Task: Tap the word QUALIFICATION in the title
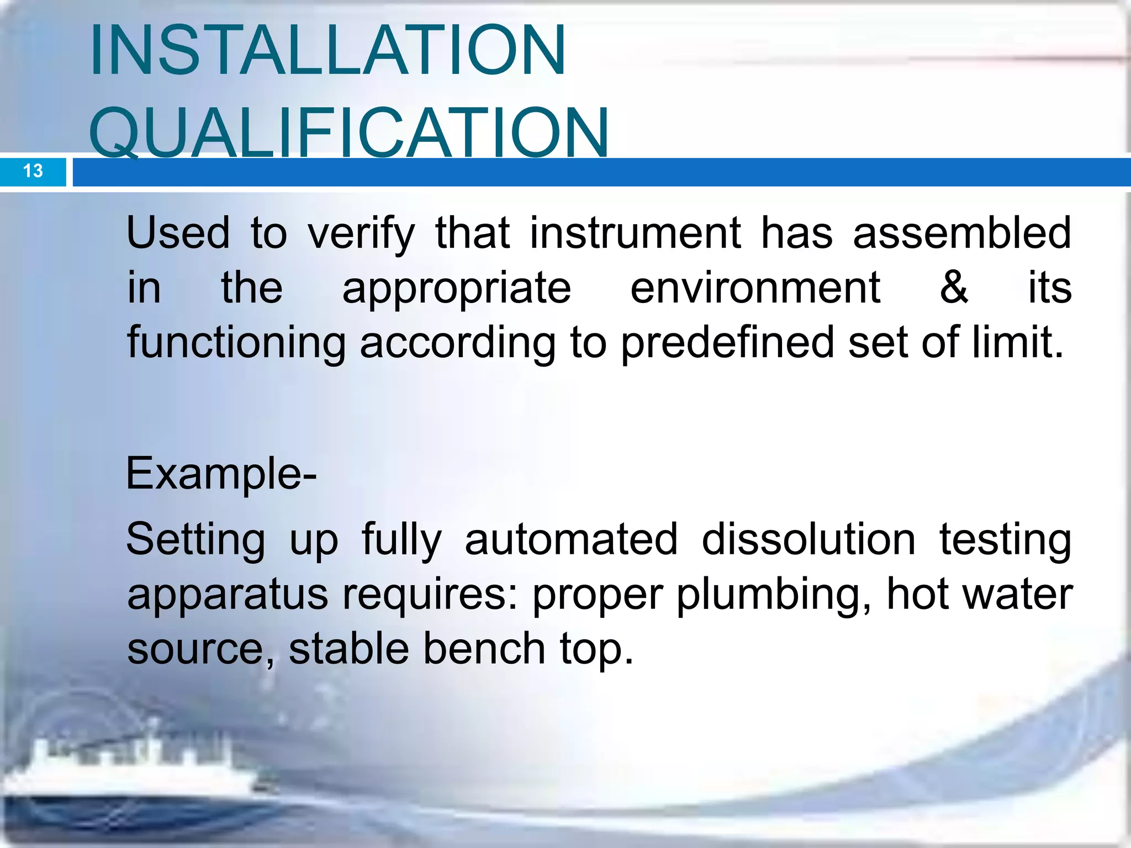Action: [x=349, y=132]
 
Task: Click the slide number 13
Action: [x=33, y=171]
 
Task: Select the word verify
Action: [x=361, y=234]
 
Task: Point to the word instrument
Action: [x=635, y=233]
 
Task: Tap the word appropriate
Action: [x=456, y=289]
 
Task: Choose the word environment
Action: [x=755, y=288]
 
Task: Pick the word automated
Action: [x=570, y=539]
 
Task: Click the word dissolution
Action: [x=808, y=539]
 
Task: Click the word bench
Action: [x=484, y=649]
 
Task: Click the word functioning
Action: [x=236, y=343]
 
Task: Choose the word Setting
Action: [x=195, y=539]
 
